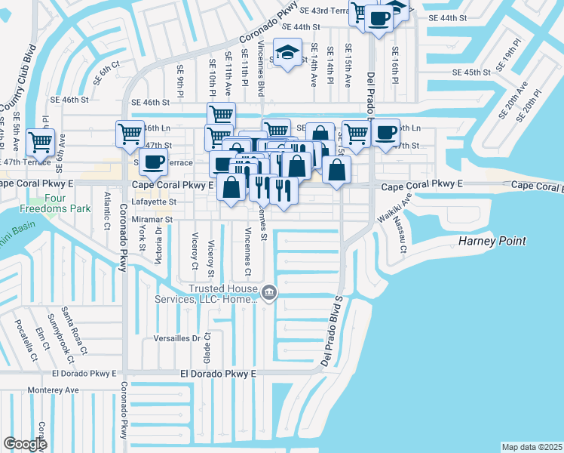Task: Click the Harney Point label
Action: click(x=492, y=242)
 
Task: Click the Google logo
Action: click(x=25, y=443)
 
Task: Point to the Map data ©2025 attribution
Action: click(x=532, y=447)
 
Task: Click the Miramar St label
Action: click(x=154, y=219)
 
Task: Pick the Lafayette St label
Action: click(x=154, y=202)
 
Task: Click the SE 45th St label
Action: click(x=471, y=72)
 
